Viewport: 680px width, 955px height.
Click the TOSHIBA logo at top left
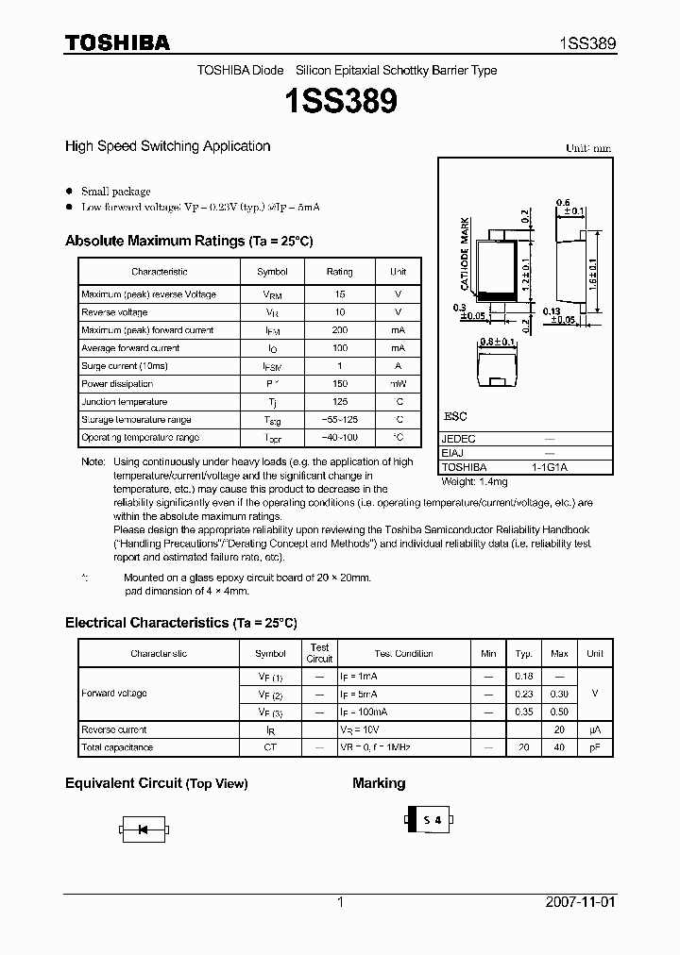coord(117,42)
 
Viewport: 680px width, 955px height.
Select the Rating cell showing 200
coord(339,330)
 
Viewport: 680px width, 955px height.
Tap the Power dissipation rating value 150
coord(339,384)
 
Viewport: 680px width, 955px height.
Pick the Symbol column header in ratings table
coord(272,272)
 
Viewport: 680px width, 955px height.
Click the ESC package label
coord(455,416)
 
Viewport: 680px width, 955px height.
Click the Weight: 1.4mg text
coord(476,481)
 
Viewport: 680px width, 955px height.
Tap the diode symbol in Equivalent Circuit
coord(144,829)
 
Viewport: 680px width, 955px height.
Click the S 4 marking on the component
coord(432,821)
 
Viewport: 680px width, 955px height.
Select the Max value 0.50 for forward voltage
coord(559,712)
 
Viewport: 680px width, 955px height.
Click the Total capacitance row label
coord(117,747)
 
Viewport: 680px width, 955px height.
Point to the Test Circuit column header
coord(319,653)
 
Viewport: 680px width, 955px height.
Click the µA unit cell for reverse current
coord(594,729)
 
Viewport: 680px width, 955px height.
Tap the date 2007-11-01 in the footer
coord(581,902)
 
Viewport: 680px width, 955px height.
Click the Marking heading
coord(379,783)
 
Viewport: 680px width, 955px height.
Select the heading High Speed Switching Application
coord(167,146)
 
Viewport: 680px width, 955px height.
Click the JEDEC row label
coord(459,439)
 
